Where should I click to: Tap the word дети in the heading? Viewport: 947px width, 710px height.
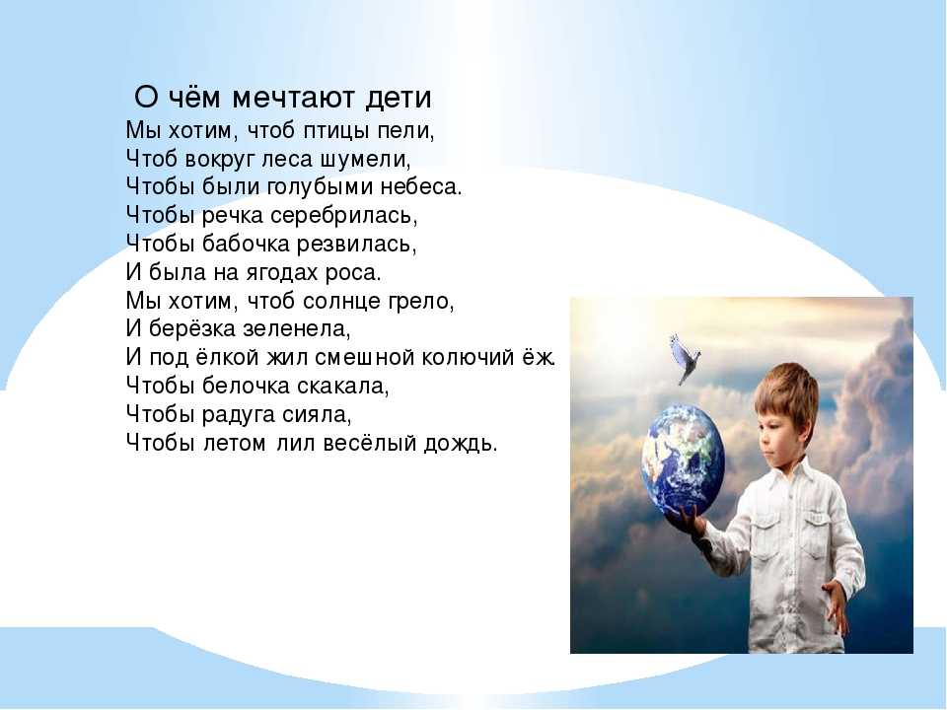(400, 99)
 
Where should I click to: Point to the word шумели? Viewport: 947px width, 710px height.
(370, 158)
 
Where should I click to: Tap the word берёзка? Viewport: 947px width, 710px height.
(192, 328)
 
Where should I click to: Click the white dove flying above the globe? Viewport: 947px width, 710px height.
(685, 358)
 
